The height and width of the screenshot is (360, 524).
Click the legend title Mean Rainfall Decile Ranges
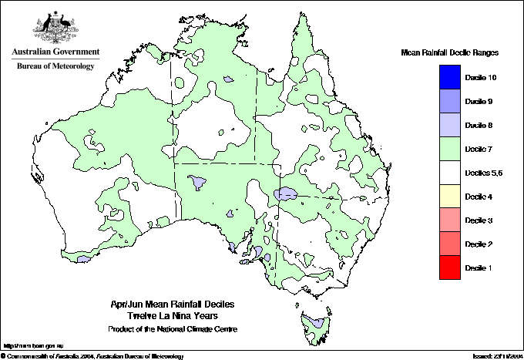coord(450,52)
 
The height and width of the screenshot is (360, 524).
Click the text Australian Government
coord(55,52)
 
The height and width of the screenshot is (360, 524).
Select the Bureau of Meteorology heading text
coord(55,66)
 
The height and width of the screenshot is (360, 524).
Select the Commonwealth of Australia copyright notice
coord(92,355)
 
